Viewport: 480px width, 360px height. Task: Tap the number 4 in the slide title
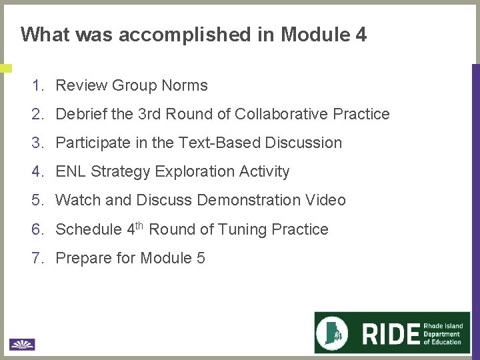(x=361, y=35)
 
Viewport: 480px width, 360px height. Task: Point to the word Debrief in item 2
(x=81, y=114)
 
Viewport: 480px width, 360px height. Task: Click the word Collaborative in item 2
(x=281, y=114)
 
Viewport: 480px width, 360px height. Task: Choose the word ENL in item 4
(x=71, y=171)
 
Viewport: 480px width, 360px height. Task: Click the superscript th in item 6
(x=139, y=225)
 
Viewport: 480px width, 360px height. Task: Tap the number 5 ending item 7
(x=201, y=258)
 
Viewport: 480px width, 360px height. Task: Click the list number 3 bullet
(x=37, y=143)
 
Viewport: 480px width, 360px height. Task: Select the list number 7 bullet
(x=37, y=258)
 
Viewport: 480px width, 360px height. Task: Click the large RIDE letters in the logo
(x=391, y=333)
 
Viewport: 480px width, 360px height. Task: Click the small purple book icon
(x=22, y=345)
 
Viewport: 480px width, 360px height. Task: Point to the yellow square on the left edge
(x=5, y=68)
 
